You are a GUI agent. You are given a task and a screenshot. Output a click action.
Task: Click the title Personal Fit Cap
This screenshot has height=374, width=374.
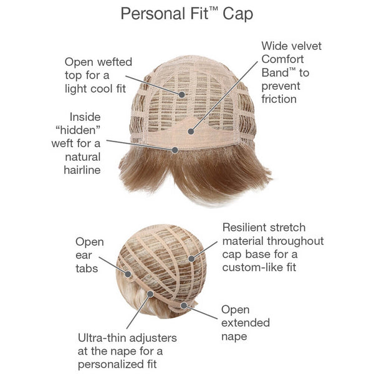click(186, 14)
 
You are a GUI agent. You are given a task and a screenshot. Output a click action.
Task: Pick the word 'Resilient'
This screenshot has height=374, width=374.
click(246, 228)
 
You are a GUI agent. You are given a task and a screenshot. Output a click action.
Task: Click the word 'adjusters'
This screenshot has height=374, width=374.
click(155, 337)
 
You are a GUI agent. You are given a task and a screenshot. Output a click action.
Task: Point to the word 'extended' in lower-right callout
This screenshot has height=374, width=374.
click(246, 323)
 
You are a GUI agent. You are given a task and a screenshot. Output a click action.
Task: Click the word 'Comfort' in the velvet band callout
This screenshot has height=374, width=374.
click(284, 59)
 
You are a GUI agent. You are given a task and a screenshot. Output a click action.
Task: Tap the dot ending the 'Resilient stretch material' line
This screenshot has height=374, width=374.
click(193, 256)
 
